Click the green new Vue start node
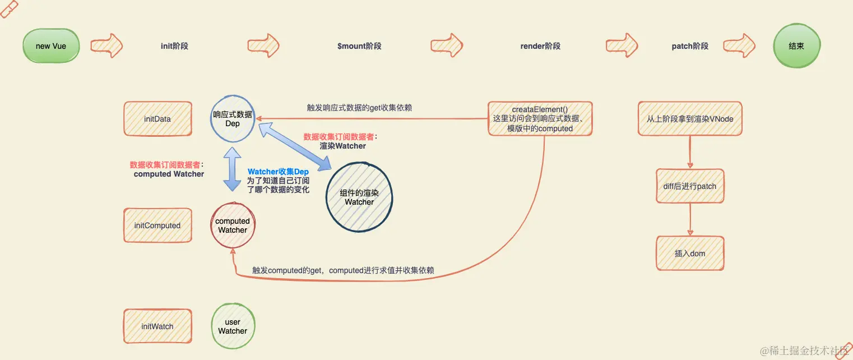pos(51,46)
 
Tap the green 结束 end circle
pos(796,46)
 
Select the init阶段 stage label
pos(174,46)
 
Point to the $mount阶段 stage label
pos(359,46)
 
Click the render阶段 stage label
pos(540,46)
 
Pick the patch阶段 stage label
pos(690,46)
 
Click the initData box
pos(157,119)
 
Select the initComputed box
pos(157,225)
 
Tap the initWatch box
pos(157,326)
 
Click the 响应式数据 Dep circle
pos(233,119)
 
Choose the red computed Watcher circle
pos(233,225)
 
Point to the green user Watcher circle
pos(233,326)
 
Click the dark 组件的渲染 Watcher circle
pos(359,197)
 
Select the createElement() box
pos(540,119)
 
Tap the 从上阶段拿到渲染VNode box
pos(690,119)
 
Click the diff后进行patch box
pos(690,186)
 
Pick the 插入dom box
pos(690,253)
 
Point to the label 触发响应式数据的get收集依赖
pos(359,108)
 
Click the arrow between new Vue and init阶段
pos(106,46)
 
